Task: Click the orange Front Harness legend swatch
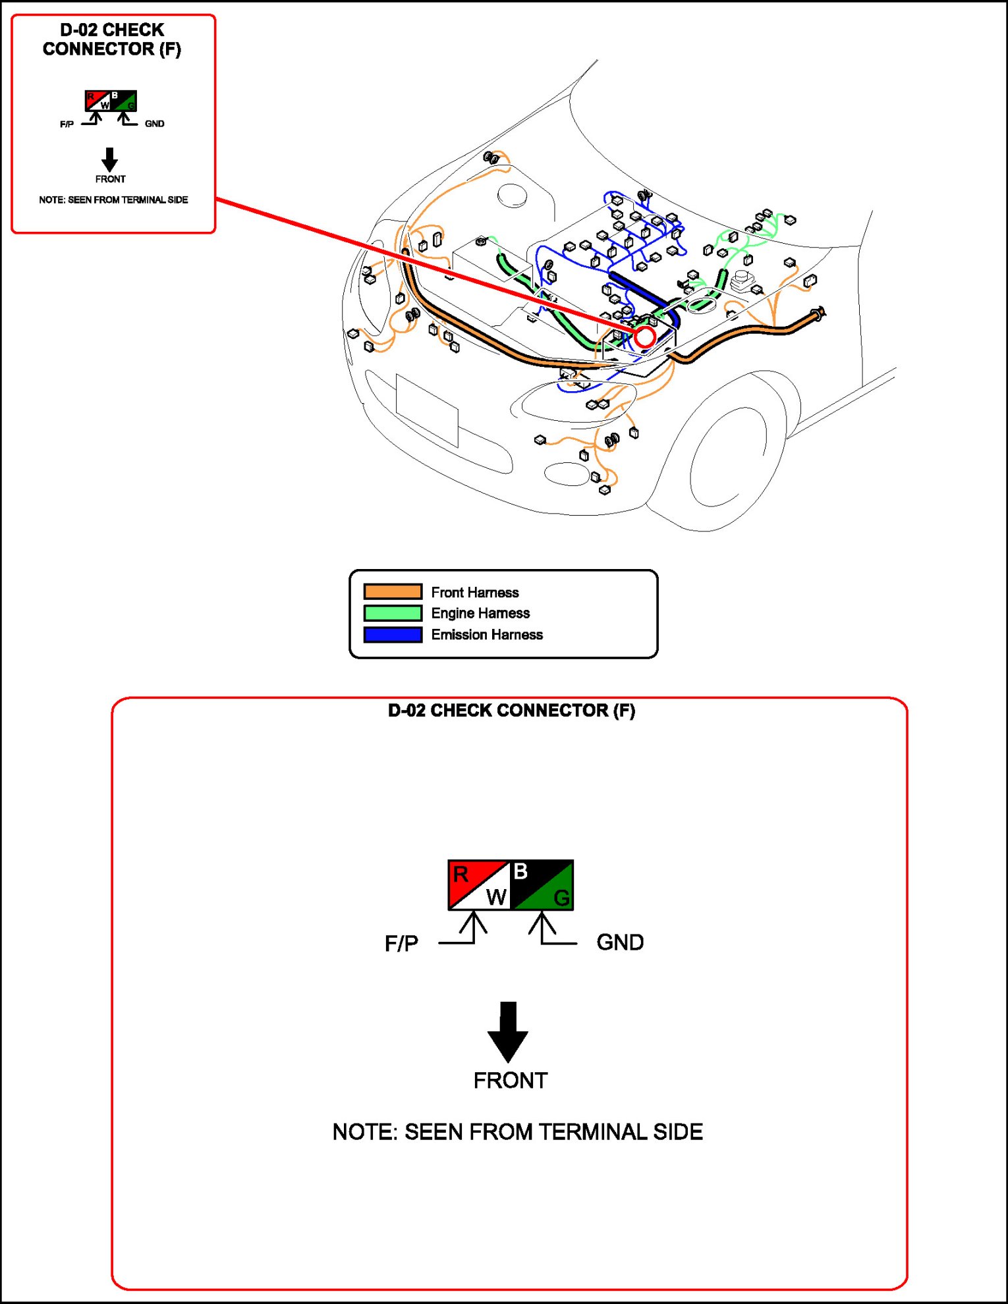pyautogui.click(x=393, y=591)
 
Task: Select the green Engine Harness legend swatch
pyautogui.click(x=393, y=613)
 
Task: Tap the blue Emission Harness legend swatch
pyautogui.click(x=393, y=635)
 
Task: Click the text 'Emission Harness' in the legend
pyautogui.click(x=487, y=635)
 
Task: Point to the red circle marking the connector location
pyautogui.click(x=644, y=337)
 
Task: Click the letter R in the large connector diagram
pyautogui.click(x=461, y=875)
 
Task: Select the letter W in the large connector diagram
pyautogui.click(x=496, y=897)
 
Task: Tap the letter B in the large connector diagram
pyautogui.click(x=520, y=871)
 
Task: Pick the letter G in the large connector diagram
pyautogui.click(x=561, y=898)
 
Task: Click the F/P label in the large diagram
pyautogui.click(x=401, y=944)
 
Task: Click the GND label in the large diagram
pyautogui.click(x=620, y=942)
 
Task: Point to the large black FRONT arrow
pyautogui.click(x=508, y=1031)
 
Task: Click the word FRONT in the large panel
pyautogui.click(x=511, y=1081)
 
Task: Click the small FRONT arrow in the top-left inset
pyautogui.click(x=110, y=159)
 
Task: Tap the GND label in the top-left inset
pyautogui.click(x=154, y=124)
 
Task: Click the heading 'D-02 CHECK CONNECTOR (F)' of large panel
pyautogui.click(x=511, y=711)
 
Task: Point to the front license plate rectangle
pyautogui.click(x=427, y=410)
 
